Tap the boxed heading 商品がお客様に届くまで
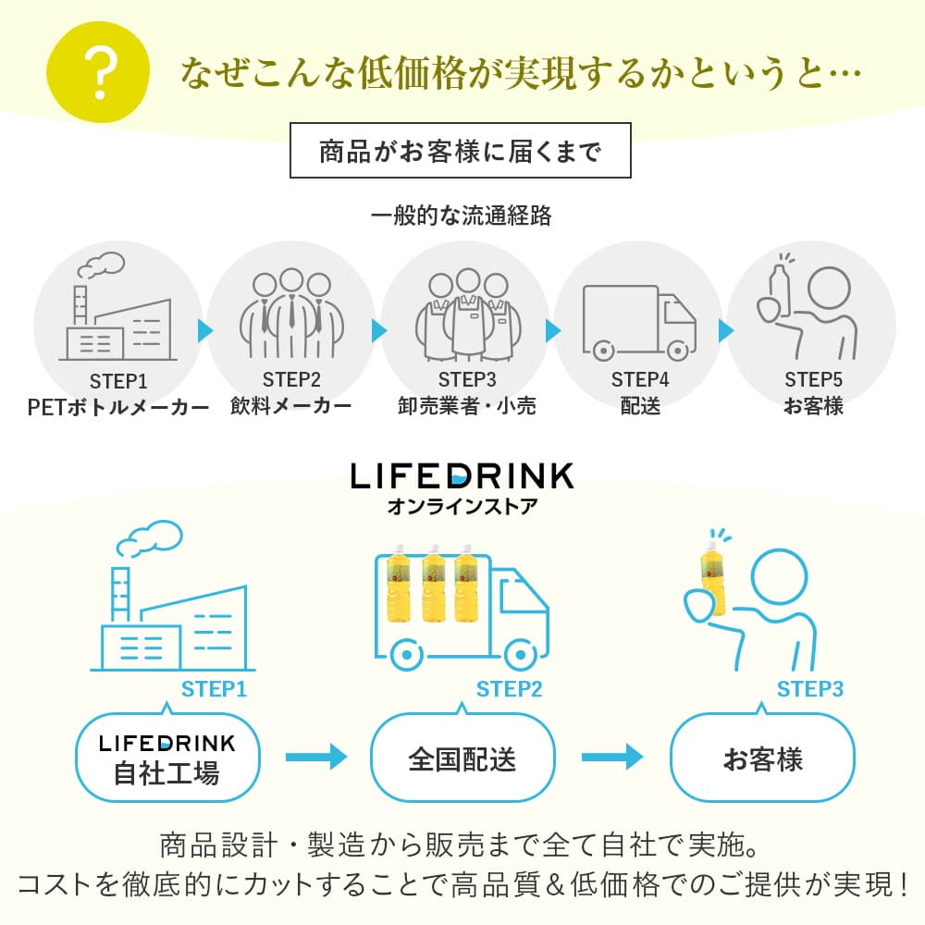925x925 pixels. (460, 150)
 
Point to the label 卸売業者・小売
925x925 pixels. (467, 405)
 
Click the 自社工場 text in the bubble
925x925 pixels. (166, 772)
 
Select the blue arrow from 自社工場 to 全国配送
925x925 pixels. (315, 758)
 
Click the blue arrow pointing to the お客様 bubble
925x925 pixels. (611, 758)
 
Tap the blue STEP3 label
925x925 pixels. (809, 689)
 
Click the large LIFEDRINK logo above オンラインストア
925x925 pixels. (462, 475)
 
